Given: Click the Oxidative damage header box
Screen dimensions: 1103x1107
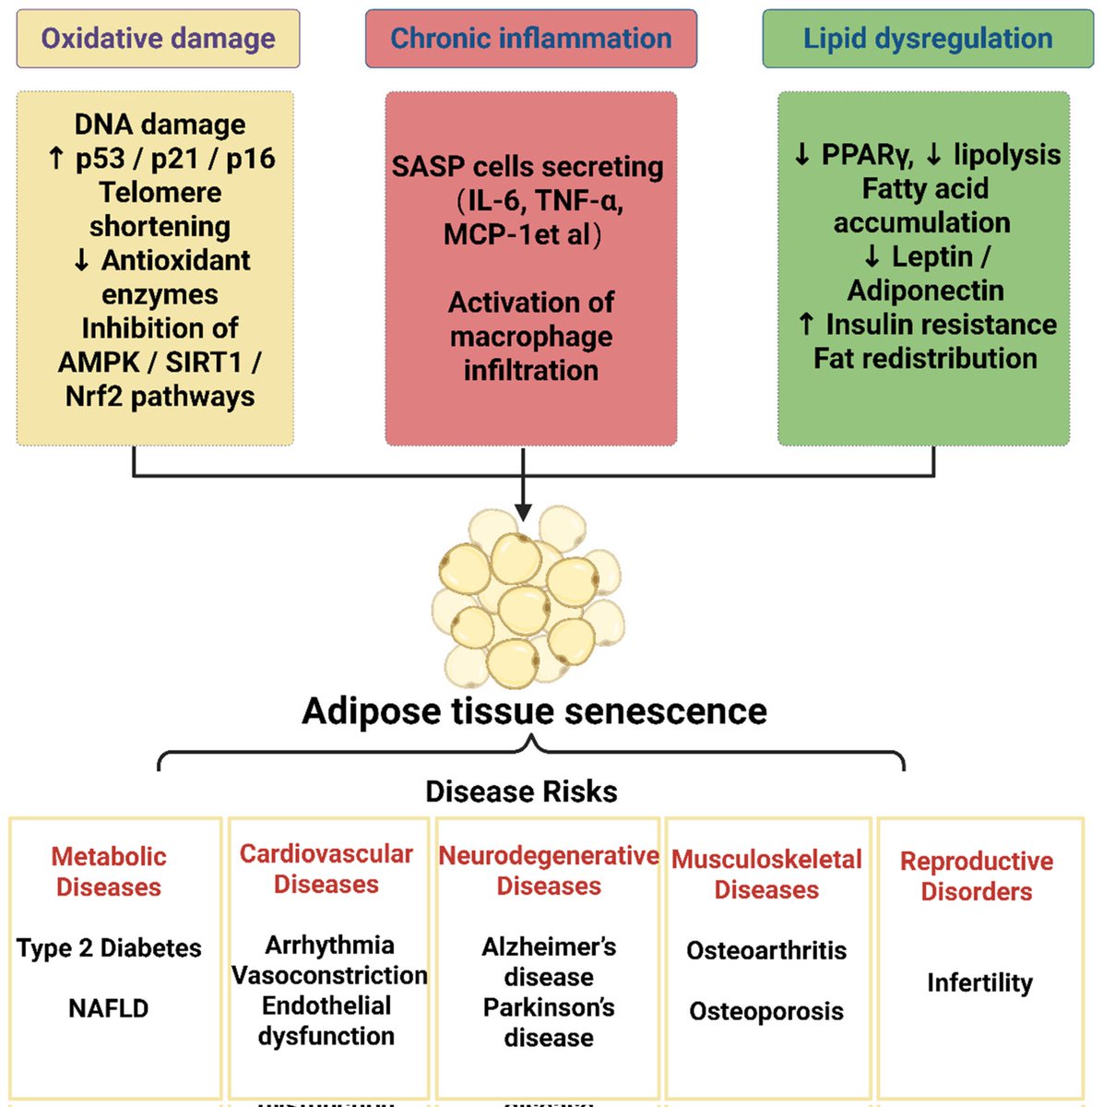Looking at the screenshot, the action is tap(158, 39).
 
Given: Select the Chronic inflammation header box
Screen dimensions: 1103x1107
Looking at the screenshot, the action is tap(531, 39).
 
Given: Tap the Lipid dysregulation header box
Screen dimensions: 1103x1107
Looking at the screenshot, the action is tap(928, 39).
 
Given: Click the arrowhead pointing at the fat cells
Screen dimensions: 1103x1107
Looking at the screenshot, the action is tap(523, 512).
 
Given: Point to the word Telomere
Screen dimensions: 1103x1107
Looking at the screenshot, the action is tap(160, 192).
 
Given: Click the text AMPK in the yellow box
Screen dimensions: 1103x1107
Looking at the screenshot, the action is tap(99, 362).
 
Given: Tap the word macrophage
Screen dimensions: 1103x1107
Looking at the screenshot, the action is tap(531, 338).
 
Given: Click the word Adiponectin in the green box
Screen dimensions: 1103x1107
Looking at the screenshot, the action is tap(926, 290).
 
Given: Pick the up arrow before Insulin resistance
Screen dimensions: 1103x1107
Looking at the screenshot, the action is tap(806, 324).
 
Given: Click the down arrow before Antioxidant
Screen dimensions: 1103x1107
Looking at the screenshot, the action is tap(81, 260).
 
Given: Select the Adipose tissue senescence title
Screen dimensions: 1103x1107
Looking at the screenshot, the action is tap(534, 711).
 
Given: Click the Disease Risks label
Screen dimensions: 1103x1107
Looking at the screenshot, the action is tap(522, 791).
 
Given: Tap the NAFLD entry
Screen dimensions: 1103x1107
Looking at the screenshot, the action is tap(109, 1008).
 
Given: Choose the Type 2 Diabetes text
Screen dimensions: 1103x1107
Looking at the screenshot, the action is tap(109, 948).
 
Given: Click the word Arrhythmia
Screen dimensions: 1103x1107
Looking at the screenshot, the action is tap(330, 945).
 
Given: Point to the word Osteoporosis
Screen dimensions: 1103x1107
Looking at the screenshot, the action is tap(766, 1011).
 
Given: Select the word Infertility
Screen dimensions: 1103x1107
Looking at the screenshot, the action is tap(980, 982).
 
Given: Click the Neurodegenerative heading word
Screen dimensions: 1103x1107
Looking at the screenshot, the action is tap(549, 855).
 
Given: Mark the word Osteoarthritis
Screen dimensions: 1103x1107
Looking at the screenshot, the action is tap(766, 951).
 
